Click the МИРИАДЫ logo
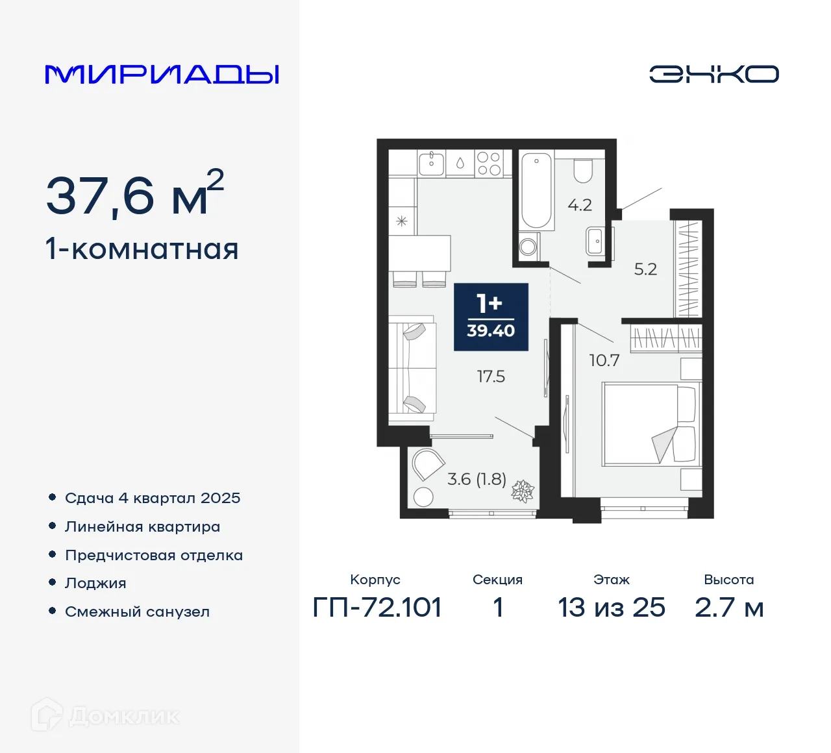[162, 74]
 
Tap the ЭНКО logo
[713, 74]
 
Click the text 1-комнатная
[142, 249]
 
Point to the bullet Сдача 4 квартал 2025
[153, 498]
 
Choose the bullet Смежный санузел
[137, 611]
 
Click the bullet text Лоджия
[95, 583]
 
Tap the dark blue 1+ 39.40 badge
[491, 317]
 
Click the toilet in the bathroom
[583, 170]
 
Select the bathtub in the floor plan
[537, 189]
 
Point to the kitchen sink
[431, 163]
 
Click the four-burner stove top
[488, 163]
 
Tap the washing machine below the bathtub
[528, 246]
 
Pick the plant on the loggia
[523, 491]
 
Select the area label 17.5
[491, 376]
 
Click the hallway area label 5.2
[645, 269]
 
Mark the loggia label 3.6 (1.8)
[477, 479]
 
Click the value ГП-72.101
[377, 608]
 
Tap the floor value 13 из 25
[612, 608]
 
